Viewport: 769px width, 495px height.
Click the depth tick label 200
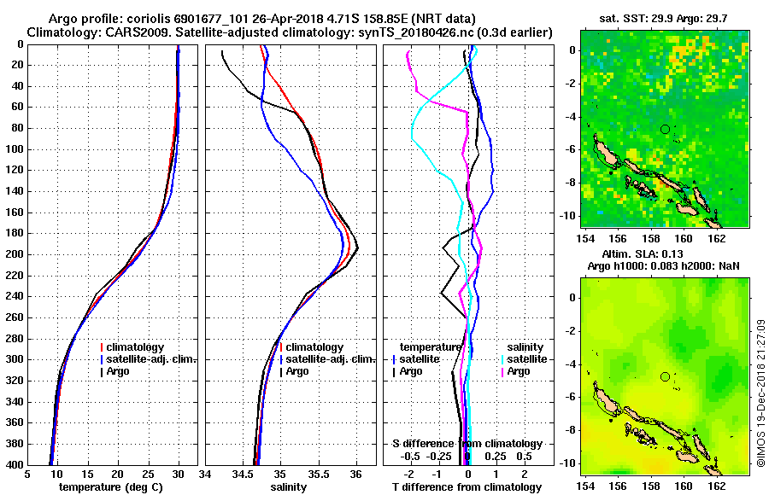[x=14, y=254]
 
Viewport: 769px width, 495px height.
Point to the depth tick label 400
[x=14, y=464]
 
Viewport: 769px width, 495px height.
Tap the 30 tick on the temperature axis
[x=179, y=476]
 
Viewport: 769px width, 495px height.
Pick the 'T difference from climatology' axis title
[x=467, y=487]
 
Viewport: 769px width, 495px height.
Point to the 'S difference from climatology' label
[x=467, y=444]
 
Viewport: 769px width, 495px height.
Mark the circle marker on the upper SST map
[x=665, y=129]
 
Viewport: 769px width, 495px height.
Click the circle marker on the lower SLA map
[x=665, y=376]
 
